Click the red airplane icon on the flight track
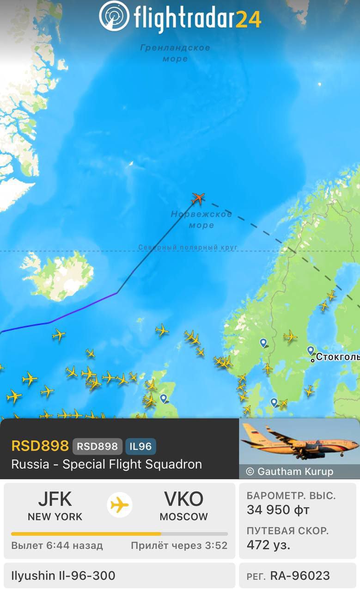[198, 198]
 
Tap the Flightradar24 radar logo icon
[114, 16]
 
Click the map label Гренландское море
[175, 53]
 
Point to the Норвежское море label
[201, 220]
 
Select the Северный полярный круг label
[188, 247]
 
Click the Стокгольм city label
[337, 357]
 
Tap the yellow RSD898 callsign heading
[40, 446]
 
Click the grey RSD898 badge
[98, 446]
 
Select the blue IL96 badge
[140, 446]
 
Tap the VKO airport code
[183, 499]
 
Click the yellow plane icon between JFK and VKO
[120, 505]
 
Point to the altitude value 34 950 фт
[278, 510]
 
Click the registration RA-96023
[300, 576]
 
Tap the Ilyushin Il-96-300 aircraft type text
[63, 576]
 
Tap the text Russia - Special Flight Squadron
[106, 464]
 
